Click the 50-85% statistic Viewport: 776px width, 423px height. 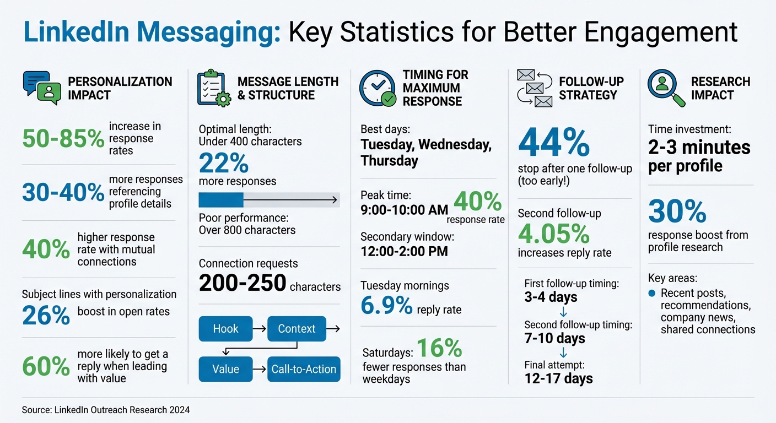point(63,139)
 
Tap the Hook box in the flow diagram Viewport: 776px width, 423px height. point(225,329)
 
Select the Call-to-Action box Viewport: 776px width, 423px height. point(304,369)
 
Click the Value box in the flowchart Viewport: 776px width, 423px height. point(225,369)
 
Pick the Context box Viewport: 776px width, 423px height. point(297,329)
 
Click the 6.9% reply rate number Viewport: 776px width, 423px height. point(386,306)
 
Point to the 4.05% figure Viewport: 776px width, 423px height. point(554,234)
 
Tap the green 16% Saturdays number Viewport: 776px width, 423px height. point(439,349)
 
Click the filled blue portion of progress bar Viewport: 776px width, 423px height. point(220,200)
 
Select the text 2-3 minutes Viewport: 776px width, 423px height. point(699,148)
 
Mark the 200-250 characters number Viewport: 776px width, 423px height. point(242,283)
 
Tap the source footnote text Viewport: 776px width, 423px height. point(106,410)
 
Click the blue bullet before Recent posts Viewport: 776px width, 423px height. point(652,293)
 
